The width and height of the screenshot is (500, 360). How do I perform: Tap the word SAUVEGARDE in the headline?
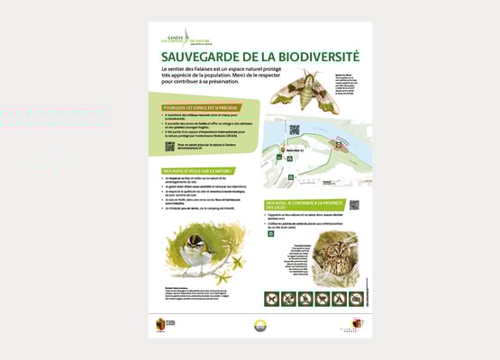tap(193, 56)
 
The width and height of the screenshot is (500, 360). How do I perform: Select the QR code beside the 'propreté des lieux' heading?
tap(354, 205)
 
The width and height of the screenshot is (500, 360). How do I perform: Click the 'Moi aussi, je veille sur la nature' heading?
tap(199, 170)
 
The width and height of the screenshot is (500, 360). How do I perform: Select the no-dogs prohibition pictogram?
tap(288, 298)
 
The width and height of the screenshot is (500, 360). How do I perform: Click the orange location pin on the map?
tap(282, 148)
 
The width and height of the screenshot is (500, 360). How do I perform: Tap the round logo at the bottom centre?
tap(260, 326)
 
